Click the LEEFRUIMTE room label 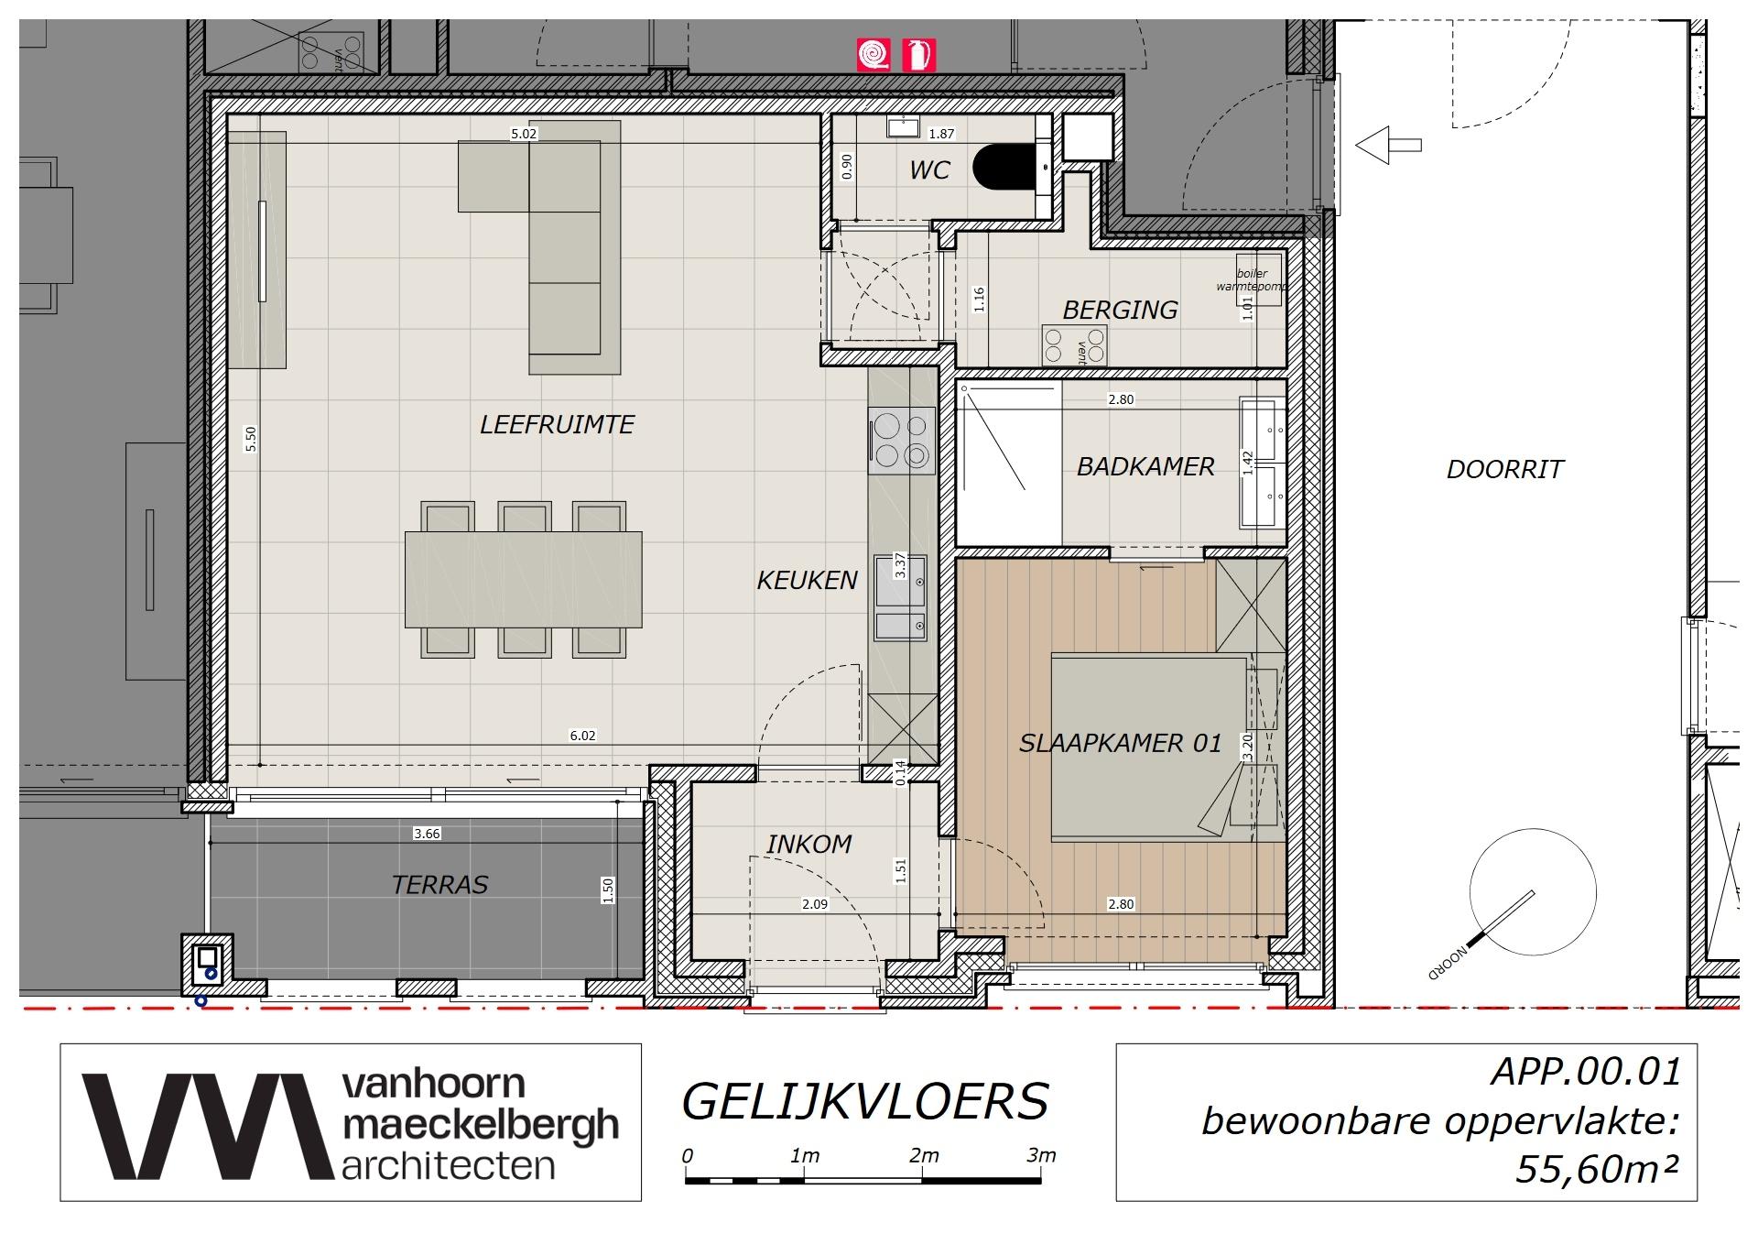coord(557,425)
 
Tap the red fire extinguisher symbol coord(918,55)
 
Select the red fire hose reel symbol coord(874,55)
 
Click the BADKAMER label coord(1145,467)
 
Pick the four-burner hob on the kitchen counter coord(902,441)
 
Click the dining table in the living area coord(523,579)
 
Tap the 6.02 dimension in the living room coord(582,736)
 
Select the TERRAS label coord(439,885)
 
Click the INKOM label coord(808,845)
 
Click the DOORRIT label coord(1504,470)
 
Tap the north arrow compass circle coord(1533,892)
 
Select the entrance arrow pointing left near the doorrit coord(1387,145)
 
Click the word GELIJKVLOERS coord(864,1102)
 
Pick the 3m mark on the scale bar coord(1041,1156)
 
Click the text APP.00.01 coord(1586,1072)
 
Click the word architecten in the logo coord(448,1165)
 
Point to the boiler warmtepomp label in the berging coord(1251,280)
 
